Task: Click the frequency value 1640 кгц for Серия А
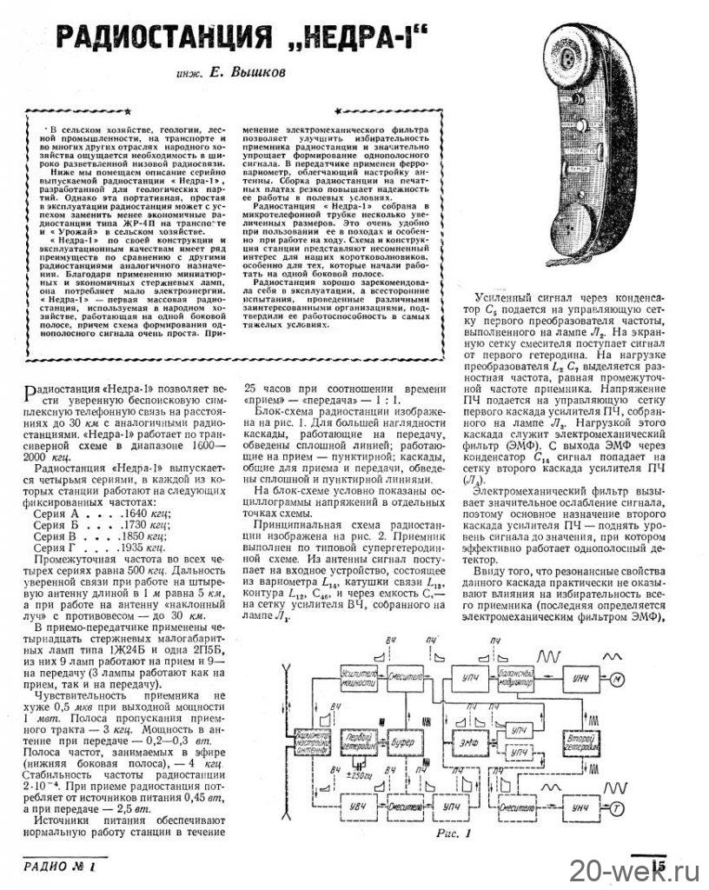(x=134, y=514)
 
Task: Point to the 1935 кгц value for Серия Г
(x=134, y=550)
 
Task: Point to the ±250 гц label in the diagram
(x=359, y=774)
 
